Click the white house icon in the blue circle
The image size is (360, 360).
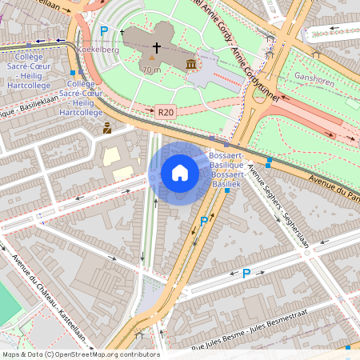click(180, 173)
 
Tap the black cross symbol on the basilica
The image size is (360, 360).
click(156, 48)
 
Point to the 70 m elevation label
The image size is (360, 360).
click(152, 70)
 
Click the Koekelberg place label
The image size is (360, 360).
click(100, 49)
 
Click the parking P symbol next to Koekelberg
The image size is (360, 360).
click(104, 32)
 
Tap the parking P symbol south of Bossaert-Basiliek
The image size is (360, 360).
click(204, 221)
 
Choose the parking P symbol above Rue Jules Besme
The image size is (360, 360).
click(246, 274)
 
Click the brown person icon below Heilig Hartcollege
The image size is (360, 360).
click(107, 127)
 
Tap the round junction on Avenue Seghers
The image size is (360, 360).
click(306, 253)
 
